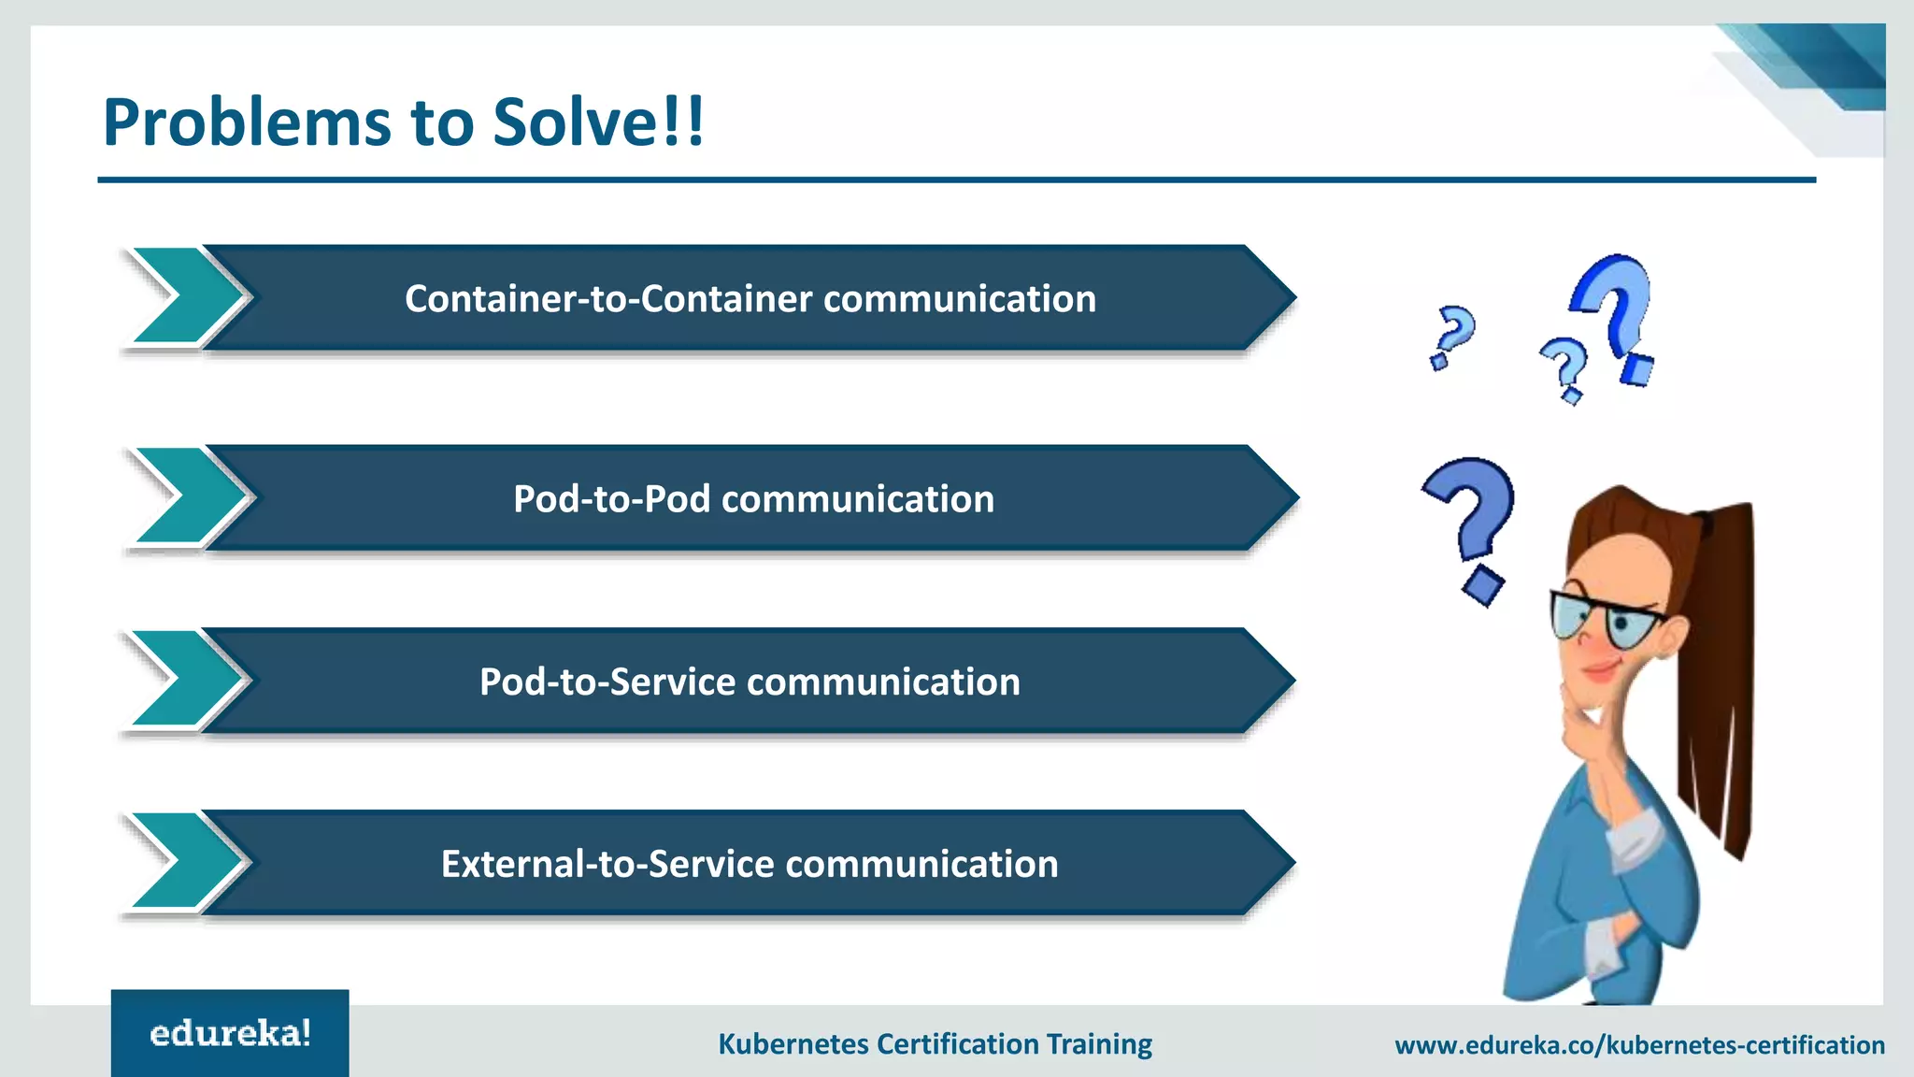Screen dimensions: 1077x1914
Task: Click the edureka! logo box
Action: point(230,1033)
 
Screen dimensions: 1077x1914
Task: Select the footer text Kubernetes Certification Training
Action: point(935,1043)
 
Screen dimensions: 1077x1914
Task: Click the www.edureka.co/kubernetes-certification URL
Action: point(1639,1044)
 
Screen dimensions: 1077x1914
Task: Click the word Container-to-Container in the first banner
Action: point(608,299)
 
